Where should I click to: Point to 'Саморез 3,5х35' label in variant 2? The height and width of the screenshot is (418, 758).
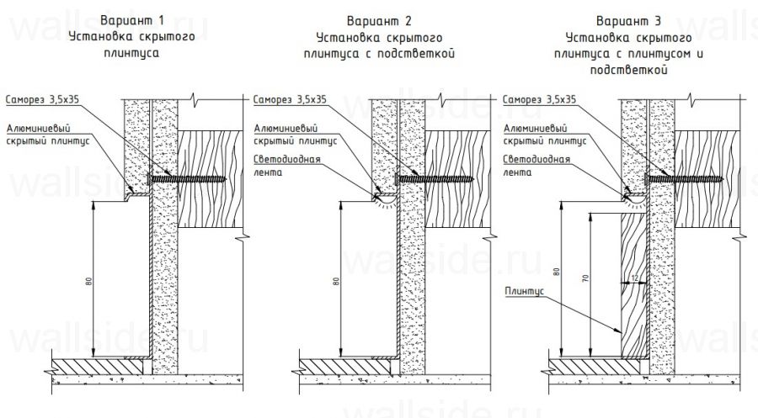click(289, 98)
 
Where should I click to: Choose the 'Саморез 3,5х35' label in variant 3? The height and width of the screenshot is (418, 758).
click(539, 98)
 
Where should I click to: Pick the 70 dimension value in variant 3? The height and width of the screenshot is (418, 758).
click(585, 277)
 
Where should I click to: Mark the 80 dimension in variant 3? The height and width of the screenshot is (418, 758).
click(557, 272)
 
